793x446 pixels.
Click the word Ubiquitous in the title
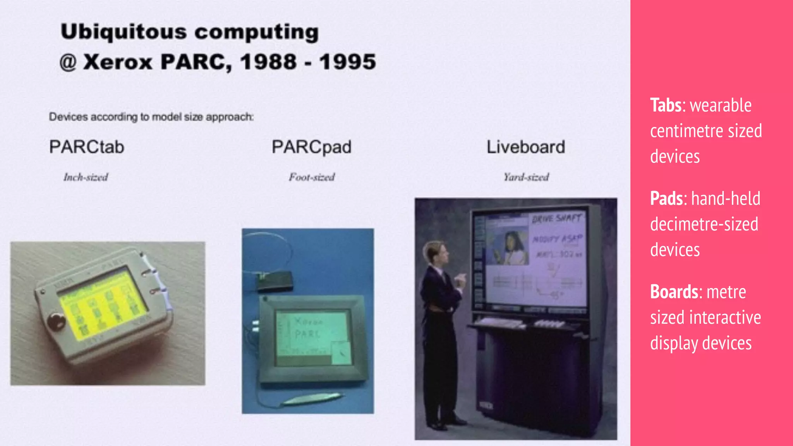click(x=124, y=32)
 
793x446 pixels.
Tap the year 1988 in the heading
click(x=268, y=62)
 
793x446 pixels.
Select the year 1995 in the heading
click(x=347, y=62)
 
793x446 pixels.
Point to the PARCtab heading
click(x=87, y=147)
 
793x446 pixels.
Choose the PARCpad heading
click(x=311, y=147)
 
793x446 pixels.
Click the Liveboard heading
click(x=525, y=147)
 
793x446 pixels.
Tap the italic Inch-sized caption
click(x=86, y=177)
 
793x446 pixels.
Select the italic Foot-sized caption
click(x=312, y=177)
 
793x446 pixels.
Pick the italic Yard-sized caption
click(x=526, y=177)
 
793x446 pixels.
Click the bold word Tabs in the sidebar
click(x=666, y=105)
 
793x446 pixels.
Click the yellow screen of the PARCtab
click(x=103, y=306)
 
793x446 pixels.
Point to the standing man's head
click(x=435, y=252)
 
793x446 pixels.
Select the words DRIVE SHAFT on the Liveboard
click(x=556, y=219)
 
